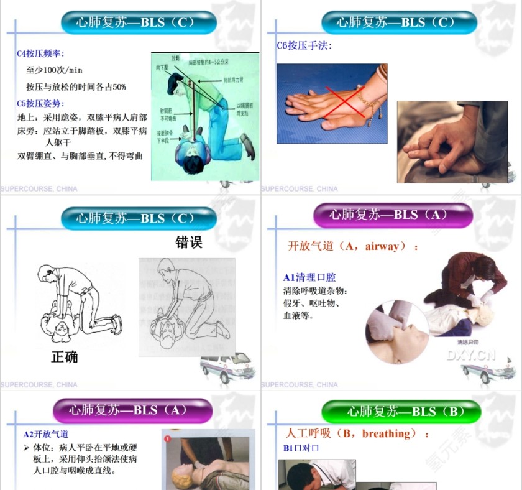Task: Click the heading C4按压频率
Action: [x=41, y=54]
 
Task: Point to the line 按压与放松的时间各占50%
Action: [x=76, y=87]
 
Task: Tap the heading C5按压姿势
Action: [x=41, y=103]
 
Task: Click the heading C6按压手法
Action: [x=304, y=45]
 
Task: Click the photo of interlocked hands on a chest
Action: [x=452, y=142]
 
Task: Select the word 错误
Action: [x=189, y=242]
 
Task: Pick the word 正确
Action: [x=65, y=357]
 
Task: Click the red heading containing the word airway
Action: [x=353, y=246]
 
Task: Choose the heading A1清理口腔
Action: [x=309, y=277]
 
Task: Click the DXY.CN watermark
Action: [x=471, y=355]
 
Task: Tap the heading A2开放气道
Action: [x=46, y=434]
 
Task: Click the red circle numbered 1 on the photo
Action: [x=168, y=438]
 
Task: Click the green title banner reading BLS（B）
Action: [x=401, y=412]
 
